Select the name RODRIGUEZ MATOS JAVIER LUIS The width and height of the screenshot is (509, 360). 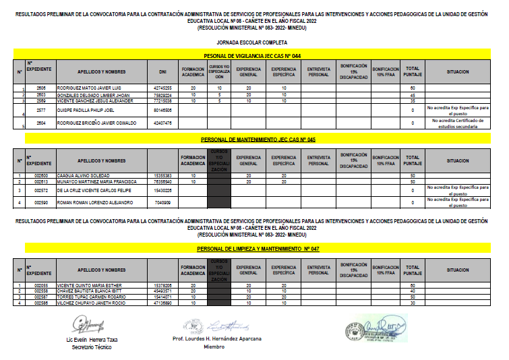[x=88, y=88]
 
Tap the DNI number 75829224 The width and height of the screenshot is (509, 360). [x=162, y=94]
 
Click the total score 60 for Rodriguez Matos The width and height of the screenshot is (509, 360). [x=412, y=88]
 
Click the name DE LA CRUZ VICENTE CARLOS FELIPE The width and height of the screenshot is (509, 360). [x=92, y=191]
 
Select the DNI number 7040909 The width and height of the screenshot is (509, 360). [x=162, y=202]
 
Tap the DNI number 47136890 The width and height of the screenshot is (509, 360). [x=162, y=303]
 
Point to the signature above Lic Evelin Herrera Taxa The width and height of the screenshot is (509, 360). [x=91, y=326]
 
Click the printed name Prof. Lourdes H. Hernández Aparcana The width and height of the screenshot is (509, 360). [x=217, y=338]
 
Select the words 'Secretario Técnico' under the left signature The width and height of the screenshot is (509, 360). [x=92, y=347]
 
